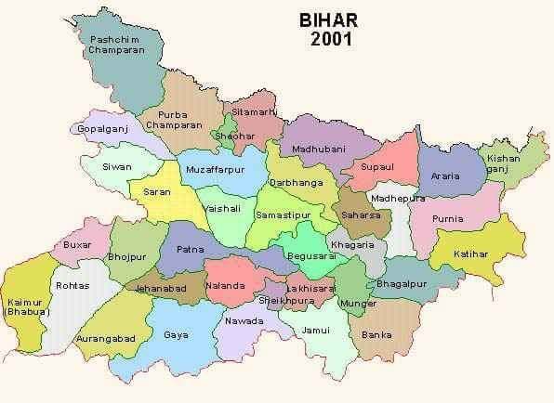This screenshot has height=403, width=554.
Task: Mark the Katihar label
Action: click(x=470, y=253)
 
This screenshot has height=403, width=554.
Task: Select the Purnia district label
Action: click(x=455, y=219)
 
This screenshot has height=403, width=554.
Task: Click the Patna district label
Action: click(x=190, y=249)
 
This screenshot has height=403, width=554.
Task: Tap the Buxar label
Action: click(x=77, y=245)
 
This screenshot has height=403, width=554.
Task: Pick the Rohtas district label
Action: click(x=73, y=286)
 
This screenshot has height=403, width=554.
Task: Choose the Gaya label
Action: click(x=176, y=333)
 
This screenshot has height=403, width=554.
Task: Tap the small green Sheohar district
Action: click(x=228, y=130)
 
